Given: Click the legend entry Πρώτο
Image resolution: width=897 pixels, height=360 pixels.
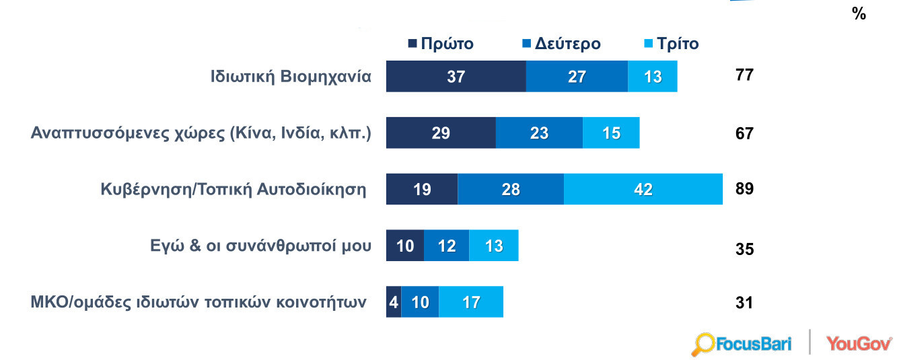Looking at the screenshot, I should [x=441, y=44].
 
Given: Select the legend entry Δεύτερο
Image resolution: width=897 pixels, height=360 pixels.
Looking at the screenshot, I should [x=561, y=44].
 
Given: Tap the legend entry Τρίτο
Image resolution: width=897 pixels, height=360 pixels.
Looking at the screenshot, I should [x=671, y=44].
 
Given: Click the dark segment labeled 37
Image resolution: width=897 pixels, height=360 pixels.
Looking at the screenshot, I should [x=456, y=76].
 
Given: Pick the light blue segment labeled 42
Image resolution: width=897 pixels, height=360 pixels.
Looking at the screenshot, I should [x=643, y=189].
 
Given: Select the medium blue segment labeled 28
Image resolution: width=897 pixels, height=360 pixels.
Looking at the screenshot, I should [x=511, y=189].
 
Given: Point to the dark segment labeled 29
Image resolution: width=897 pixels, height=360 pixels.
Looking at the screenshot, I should [x=441, y=133].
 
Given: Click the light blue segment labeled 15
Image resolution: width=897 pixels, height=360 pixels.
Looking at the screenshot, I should [x=611, y=133].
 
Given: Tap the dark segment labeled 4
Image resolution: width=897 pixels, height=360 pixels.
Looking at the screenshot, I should [x=393, y=302].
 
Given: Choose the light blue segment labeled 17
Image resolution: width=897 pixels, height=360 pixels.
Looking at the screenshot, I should [x=471, y=302].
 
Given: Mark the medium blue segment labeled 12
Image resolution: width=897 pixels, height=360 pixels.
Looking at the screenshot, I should [x=446, y=246].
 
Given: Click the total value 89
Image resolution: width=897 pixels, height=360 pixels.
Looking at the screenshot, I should [x=744, y=188].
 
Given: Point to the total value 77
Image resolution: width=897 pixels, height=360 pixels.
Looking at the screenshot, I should [x=744, y=75].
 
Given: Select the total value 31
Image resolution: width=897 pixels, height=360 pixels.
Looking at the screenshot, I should [x=744, y=303].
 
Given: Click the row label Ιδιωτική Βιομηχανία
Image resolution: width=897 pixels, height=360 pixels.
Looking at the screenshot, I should [x=291, y=76].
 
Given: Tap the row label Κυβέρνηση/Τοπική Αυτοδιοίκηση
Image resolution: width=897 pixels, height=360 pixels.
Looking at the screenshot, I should [x=232, y=189].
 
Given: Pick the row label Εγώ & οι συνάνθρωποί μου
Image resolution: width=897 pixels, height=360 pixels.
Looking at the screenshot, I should [x=260, y=246].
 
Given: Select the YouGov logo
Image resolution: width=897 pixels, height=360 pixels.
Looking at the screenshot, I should [x=859, y=343].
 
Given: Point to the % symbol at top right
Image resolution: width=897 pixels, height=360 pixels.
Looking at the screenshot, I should [x=859, y=13].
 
